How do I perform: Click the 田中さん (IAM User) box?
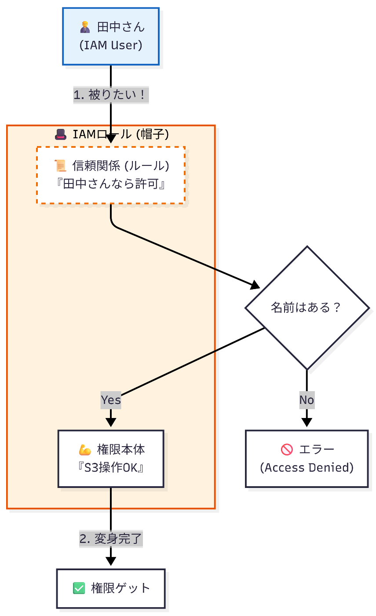(110, 36)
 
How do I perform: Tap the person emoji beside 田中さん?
(85, 28)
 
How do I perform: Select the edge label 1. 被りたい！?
(110, 95)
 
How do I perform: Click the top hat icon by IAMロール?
(60, 134)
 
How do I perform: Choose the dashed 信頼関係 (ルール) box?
(110, 175)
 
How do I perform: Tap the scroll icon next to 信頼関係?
(59, 166)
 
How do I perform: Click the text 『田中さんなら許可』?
(110, 184)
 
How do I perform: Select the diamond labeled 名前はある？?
(307, 308)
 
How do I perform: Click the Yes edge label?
(110, 400)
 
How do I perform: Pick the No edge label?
(307, 400)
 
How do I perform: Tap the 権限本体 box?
(110, 458)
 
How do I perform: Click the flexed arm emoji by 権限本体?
(84, 450)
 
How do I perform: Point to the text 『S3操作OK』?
(110, 468)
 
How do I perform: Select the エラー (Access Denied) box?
(307, 458)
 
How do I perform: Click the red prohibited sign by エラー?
(287, 450)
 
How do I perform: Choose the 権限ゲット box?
(110, 588)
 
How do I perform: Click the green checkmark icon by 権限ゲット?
(78, 588)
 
